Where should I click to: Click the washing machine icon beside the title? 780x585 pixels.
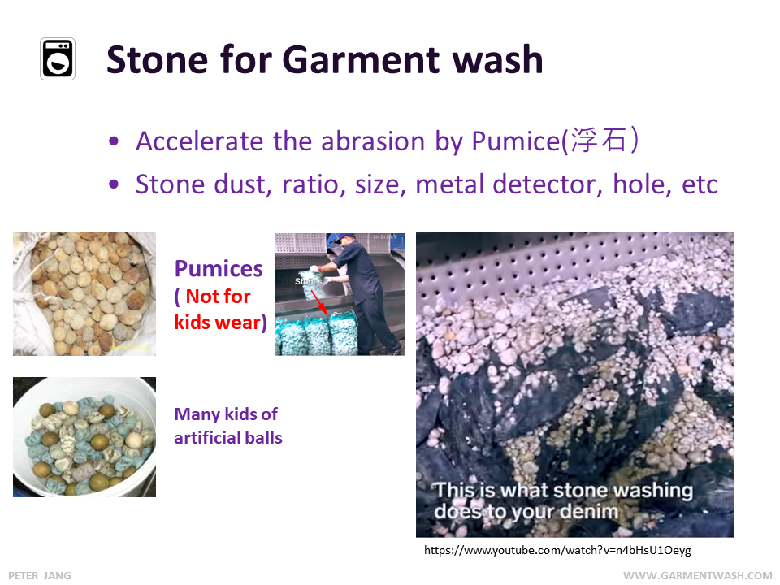(58, 59)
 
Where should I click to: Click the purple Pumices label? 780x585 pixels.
(219, 269)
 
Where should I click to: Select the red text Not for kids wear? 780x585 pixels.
(220, 310)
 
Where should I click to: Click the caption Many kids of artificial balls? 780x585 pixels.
(228, 426)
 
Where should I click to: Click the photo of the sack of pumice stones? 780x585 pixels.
(84, 294)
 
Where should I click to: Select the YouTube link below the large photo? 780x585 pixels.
(557, 551)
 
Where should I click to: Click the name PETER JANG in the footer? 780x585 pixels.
(40, 575)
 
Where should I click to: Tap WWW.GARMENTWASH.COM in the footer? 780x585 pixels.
(697, 575)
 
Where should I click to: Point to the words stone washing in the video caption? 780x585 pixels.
(622, 491)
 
